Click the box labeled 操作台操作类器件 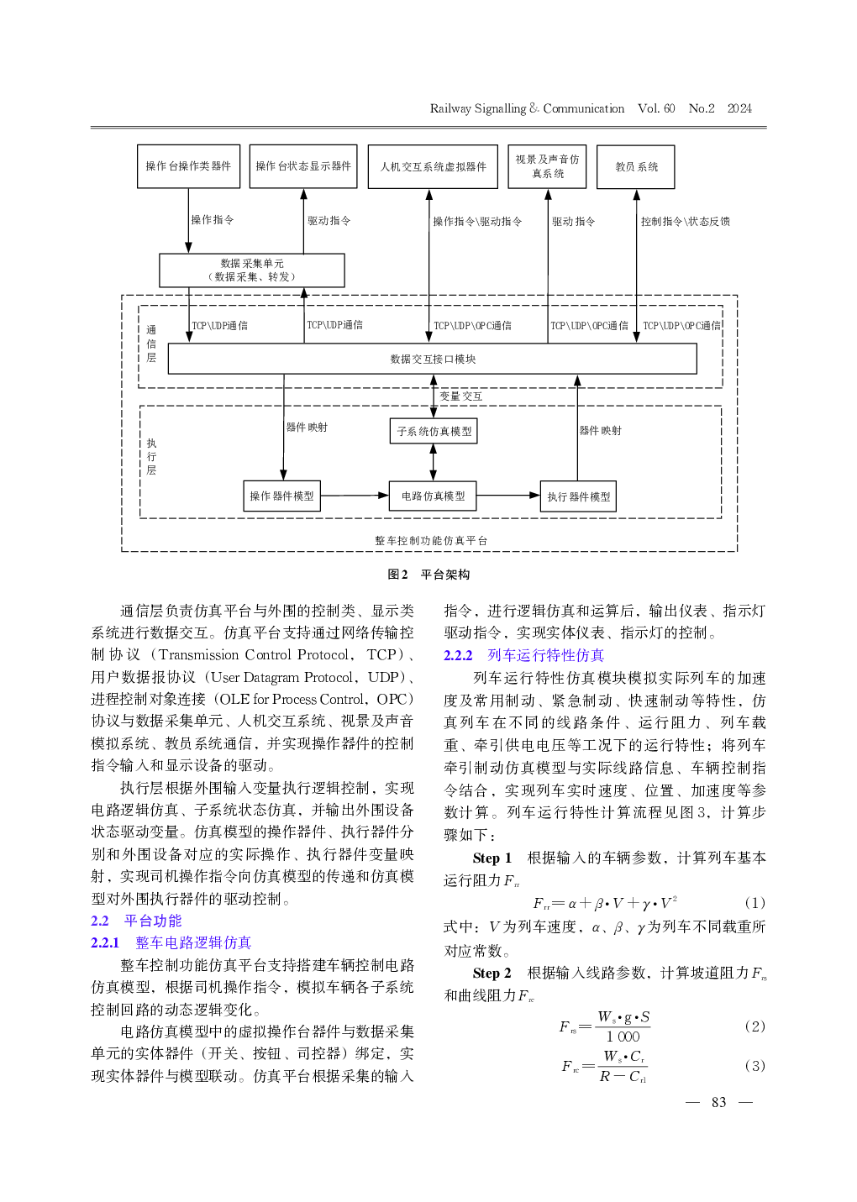[188, 166]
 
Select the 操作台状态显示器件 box [303, 166]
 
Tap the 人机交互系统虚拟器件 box [434, 166]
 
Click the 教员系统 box [636, 166]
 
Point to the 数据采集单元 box [252, 270]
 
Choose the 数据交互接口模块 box [433, 359]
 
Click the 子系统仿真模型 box [434, 431]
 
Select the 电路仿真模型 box [433, 496]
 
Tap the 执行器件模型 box [578, 496]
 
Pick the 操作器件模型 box [281, 496]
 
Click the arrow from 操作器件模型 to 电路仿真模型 [355, 496]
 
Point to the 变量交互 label [461, 396]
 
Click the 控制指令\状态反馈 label [685, 221]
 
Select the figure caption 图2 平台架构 [428, 575]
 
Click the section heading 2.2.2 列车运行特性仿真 [523, 655]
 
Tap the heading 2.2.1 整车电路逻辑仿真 [171, 942]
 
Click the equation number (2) [754, 1026]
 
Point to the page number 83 [718, 1102]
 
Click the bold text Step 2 [492, 973]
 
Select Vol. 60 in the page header [656, 108]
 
